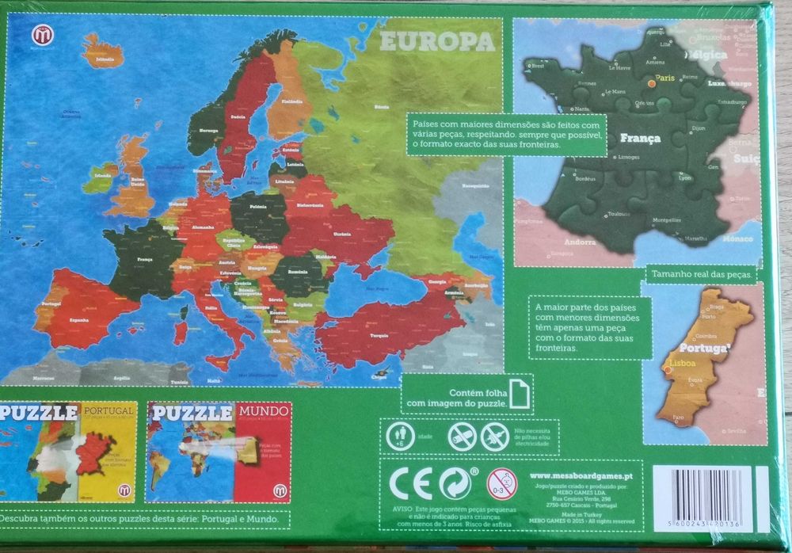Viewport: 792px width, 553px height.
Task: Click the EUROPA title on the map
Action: point(437,40)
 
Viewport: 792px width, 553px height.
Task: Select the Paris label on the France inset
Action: point(663,80)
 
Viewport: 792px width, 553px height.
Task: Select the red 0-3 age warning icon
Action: point(500,483)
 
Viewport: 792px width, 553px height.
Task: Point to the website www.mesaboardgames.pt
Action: point(584,475)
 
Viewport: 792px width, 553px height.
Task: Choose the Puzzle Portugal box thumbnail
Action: point(68,452)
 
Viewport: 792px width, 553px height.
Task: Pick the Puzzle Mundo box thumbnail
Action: point(219,452)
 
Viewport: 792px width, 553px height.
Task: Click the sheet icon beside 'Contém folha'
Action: point(519,394)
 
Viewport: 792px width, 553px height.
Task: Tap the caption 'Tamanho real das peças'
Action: point(701,275)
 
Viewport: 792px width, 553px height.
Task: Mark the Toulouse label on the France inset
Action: point(618,214)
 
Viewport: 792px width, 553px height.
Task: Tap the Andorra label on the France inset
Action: point(581,241)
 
